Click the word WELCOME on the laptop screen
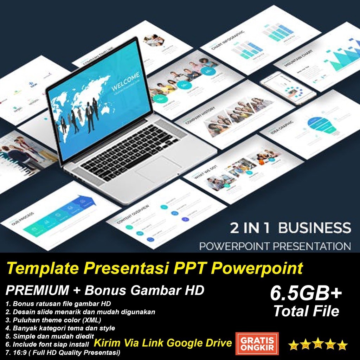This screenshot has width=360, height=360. click(x=126, y=81)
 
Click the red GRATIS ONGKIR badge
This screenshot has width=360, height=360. click(x=257, y=343)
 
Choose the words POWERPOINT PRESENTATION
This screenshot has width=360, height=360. click(x=275, y=245)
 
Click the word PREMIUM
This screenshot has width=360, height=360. click(x=37, y=290)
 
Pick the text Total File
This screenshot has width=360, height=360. click(x=306, y=311)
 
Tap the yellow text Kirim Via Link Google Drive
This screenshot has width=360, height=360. click(x=163, y=343)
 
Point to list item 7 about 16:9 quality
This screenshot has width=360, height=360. click(x=63, y=352)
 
